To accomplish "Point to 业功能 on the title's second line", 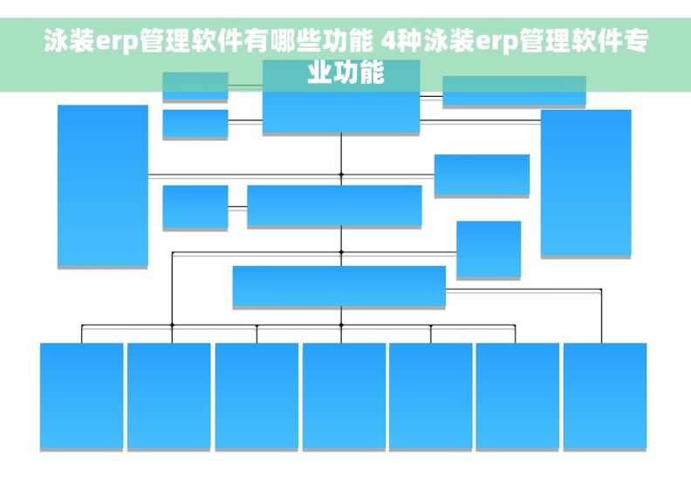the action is (x=345, y=72).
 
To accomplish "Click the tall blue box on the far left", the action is (x=103, y=186).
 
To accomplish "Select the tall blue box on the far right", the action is (x=586, y=183).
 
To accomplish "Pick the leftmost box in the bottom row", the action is (x=81, y=395).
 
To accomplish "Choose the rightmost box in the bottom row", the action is (x=605, y=395).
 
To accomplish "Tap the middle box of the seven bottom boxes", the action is (x=344, y=395).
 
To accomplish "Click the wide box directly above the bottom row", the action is (x=339, y=286).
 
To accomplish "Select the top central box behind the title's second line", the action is (x=341, y=97).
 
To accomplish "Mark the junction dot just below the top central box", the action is (x=341, y=175).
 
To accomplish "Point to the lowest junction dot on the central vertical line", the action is (x=341, y=325).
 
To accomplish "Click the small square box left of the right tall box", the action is (x=489, y=249).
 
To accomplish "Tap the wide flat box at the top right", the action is (x=514, y=91).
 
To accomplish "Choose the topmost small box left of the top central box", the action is (x=195, y=86).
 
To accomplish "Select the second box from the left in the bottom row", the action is (x=168, y=395).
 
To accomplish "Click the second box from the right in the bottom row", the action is (x=517, y=395).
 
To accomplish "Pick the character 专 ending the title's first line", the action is (x=636, y=40).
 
